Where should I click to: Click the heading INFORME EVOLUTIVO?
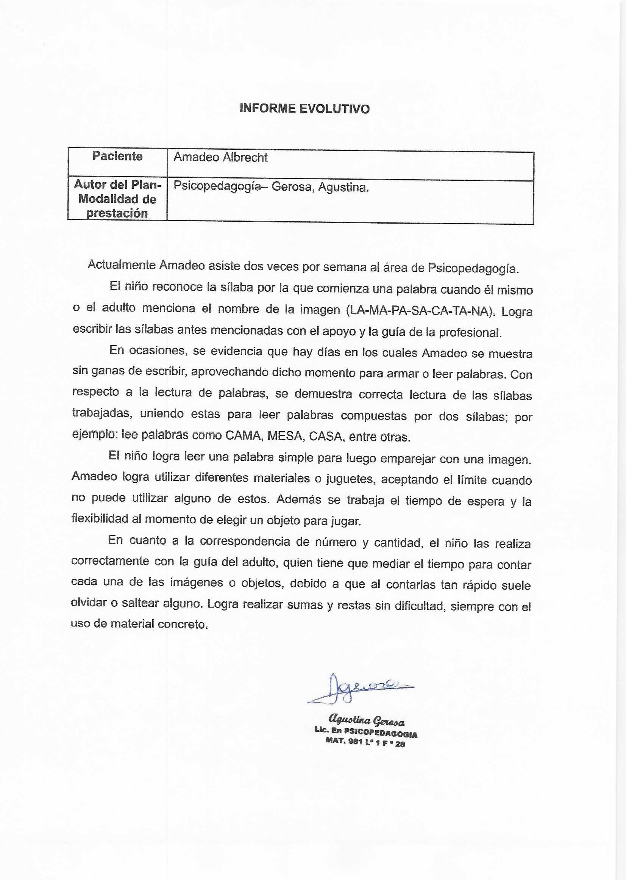pos(304,109)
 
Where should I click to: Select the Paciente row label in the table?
pos(117,156)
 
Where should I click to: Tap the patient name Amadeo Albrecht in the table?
pos(220,157)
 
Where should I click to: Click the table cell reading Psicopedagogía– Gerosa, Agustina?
pos(271,187)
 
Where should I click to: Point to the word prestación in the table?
pos(117,213)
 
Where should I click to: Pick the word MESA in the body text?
pos(285,436)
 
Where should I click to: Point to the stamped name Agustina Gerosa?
pos(366,720)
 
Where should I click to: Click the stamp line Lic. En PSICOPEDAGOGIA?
pos(366,732)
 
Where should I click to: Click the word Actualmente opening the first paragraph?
pos(122,265)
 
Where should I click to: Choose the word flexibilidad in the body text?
pos(100,519)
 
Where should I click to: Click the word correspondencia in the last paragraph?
pos(245,542)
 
